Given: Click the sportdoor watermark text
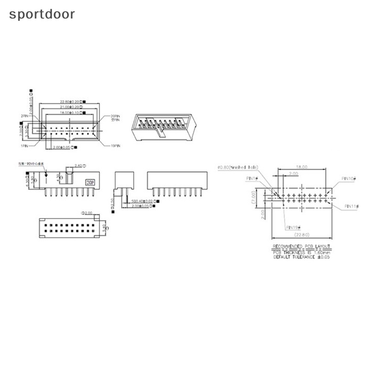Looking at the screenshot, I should point(42,14).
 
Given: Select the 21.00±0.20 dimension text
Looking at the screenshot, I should point(69,107).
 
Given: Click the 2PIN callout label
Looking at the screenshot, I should point(25,116).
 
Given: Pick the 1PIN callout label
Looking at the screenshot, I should point(25,145).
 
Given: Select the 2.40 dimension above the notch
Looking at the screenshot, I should point(79,165).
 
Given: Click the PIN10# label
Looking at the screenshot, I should point(348,178).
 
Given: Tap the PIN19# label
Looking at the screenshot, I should point(294,227).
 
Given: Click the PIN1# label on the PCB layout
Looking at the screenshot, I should point(253,178).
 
